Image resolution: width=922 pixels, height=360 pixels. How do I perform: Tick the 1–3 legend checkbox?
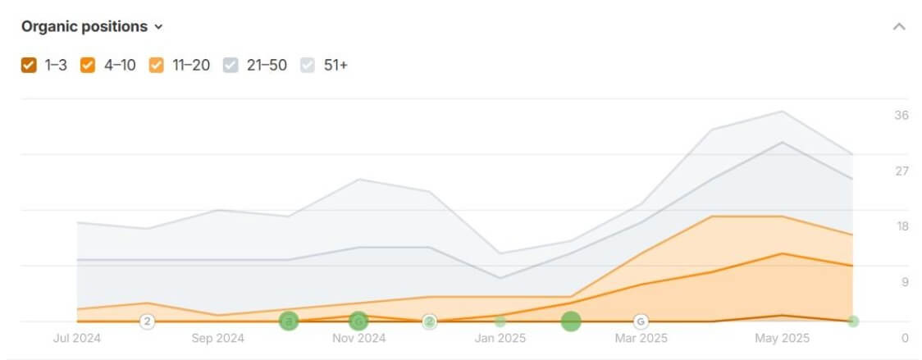click(29, 65)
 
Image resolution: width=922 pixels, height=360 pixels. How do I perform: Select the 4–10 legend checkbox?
click(88, 65)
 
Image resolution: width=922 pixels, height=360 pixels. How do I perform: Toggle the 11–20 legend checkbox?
click(157, 65)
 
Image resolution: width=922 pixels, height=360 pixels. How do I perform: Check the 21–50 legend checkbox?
click(230, 65)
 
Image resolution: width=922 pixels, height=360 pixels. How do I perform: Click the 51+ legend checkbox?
click(309, 65)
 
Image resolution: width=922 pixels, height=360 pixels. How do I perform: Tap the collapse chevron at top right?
click(899, 26)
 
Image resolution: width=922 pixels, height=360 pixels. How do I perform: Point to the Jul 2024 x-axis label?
click(76, 338)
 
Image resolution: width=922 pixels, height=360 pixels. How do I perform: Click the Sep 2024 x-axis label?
click(217, 338)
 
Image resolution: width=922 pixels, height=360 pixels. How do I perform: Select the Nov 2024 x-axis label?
click(358, 338)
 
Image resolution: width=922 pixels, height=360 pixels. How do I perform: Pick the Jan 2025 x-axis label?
click(500, 338)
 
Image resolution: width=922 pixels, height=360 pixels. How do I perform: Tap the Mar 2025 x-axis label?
click(641, 338)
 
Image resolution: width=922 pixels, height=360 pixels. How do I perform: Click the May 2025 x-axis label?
click(782, 338)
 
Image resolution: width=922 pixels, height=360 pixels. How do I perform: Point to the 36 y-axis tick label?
click(901, 116)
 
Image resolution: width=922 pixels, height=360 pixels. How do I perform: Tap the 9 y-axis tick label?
click(904, 283)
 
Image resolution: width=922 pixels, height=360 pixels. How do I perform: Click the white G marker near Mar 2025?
click(641, 321)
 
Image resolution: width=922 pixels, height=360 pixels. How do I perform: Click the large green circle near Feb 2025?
click(571, 321)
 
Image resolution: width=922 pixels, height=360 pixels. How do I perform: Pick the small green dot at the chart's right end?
click(853, 321)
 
